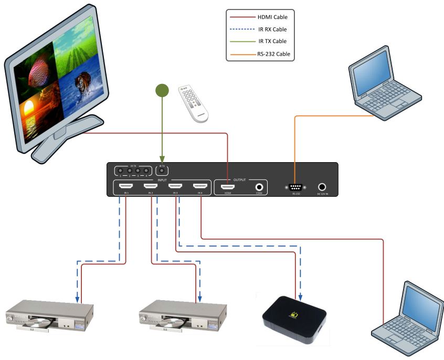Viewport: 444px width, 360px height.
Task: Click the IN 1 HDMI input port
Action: point(126,186)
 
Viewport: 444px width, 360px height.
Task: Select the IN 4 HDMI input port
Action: point(200,186)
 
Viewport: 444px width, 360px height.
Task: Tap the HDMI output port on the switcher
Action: point(227,186)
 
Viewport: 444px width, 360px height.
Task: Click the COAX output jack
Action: point(259,186)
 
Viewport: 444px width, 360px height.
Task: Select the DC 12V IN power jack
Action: point(322,186)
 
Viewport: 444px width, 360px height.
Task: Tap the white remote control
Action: point(193,103)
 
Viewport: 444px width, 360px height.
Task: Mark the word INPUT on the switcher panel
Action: point(162,179)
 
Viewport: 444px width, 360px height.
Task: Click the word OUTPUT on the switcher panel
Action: point(240,179)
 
